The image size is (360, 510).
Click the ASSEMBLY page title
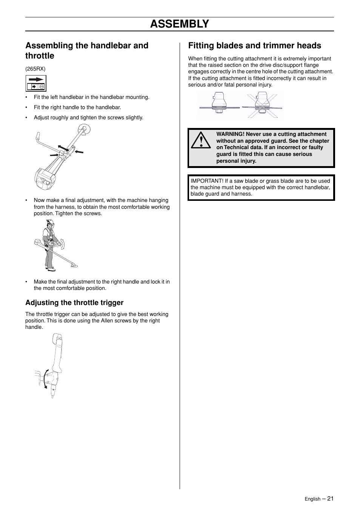coord(179,24)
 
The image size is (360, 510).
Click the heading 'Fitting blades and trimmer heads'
coord(254,46)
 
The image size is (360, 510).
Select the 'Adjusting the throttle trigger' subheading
coord(74,303)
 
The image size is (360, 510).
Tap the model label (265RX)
coord(35,69)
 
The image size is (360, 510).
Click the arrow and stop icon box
coord(36,83)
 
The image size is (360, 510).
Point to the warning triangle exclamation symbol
coord(200,140)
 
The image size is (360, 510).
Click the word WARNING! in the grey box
coord(230,134)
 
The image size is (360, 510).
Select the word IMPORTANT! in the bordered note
coord(207,181)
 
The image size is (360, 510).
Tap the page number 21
coord(330,499)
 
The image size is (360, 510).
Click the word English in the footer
coord(312,499)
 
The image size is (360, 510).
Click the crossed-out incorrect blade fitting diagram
coord(262,105)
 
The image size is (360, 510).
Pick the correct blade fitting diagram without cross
coord(219,105)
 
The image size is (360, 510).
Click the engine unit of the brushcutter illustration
coord(45,179)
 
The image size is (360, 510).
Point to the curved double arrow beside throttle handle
coord(45,379)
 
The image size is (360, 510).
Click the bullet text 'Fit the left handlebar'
coord(91,97)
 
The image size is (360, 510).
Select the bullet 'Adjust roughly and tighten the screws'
coord(88,118)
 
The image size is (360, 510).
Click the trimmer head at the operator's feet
coord(74,266)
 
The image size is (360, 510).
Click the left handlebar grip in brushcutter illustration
coord(38,136)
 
